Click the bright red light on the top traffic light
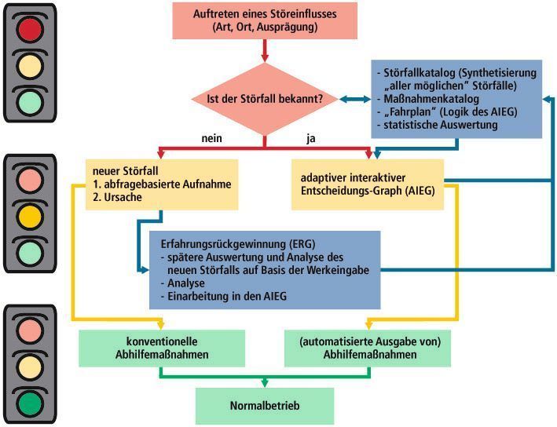point(30,29)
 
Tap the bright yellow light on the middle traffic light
point(30,217)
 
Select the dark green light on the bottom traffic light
point(30,404)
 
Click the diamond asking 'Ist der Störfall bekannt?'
point(265,99)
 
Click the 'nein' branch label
point(211,138)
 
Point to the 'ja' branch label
point(311,139)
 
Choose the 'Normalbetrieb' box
point(265,406)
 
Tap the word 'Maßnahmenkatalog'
point(431,99)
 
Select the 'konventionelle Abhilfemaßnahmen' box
point(162,349)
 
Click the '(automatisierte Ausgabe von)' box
point(368,349)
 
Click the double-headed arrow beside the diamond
point(355,99)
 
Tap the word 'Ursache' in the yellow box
point(123,197)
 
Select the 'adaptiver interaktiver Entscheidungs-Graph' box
point(368,184)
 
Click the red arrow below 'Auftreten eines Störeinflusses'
point(265,51)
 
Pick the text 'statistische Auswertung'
point(441,125)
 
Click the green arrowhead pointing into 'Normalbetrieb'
point(265,383)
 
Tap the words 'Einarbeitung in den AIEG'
point(227,297)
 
